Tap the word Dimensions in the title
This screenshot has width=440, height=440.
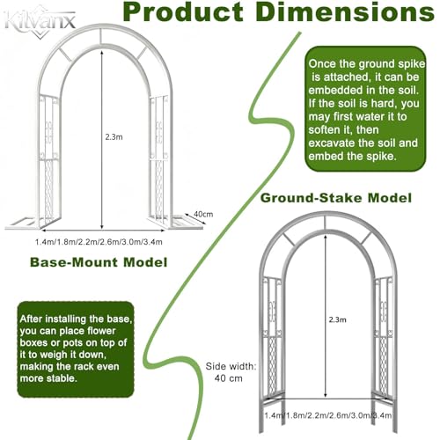point(345,11)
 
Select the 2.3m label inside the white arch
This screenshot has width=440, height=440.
point(114,137)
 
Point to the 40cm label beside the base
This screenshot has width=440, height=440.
point(203,214)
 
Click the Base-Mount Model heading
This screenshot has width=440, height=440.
point(99,262)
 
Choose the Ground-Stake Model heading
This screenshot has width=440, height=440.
point(336,198)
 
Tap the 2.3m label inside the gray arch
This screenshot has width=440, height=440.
point(337,319)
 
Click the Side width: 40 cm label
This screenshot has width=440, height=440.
point(231,372)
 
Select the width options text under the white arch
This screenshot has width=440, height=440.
point(99,242)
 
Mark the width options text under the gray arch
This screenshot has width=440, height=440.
point(328,415)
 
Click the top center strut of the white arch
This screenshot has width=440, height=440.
point(101,36)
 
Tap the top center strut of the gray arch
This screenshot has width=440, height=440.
point(325,223)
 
